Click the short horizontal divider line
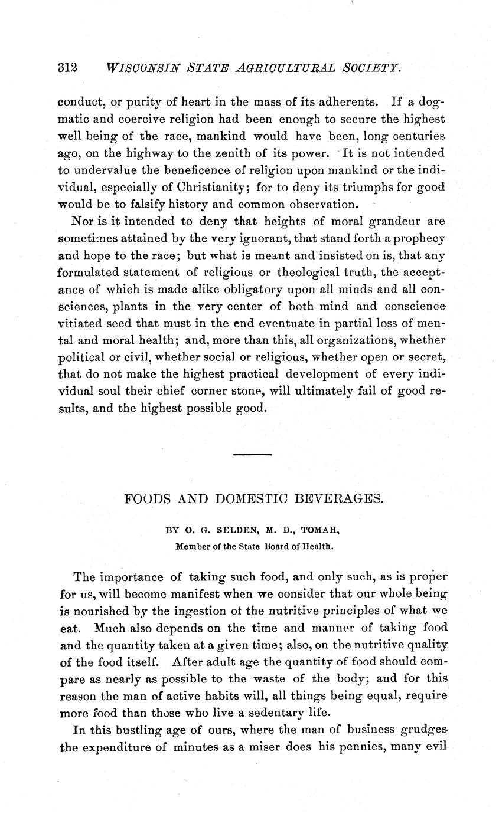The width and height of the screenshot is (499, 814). [x=253, y=455]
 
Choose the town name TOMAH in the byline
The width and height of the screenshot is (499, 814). [x=319, y=530]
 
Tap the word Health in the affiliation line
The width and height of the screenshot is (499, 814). [x=319, y=546]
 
